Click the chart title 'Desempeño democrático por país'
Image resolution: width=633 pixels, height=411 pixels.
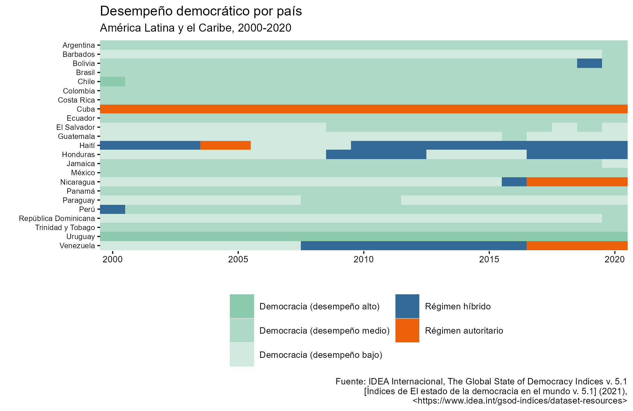[201, 11]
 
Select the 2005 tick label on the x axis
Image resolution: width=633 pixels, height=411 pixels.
[238, 259]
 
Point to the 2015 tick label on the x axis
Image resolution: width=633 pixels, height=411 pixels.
[489, 259]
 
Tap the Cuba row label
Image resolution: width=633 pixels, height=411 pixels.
[86, 109]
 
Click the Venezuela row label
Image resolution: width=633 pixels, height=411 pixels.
[77, 246]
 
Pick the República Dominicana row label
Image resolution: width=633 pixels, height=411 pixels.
[57, 218]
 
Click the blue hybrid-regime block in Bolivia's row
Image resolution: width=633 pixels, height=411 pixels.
[589, 63]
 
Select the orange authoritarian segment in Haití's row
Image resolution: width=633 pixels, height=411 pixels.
[225, 145]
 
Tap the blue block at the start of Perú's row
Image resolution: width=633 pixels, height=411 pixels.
[112, 209]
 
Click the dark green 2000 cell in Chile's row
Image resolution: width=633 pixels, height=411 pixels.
[112, 81]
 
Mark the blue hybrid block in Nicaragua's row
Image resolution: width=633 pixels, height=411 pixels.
[514, 182]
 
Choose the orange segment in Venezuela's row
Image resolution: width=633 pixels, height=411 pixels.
[577, 246]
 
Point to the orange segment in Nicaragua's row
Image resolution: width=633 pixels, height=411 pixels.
[577, 182]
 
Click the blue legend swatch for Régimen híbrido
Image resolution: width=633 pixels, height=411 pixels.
[407, 306]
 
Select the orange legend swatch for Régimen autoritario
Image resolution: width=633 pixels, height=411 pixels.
[407, 330]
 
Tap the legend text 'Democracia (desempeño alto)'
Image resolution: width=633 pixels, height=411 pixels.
[319, 306]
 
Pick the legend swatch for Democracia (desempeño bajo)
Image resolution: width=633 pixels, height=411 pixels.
[242, 354]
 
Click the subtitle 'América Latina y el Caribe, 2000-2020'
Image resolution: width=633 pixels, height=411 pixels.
[196, 28]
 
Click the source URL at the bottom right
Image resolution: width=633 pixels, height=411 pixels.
[520, 401]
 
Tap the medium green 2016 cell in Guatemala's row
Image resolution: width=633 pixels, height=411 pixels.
[514, 136]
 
